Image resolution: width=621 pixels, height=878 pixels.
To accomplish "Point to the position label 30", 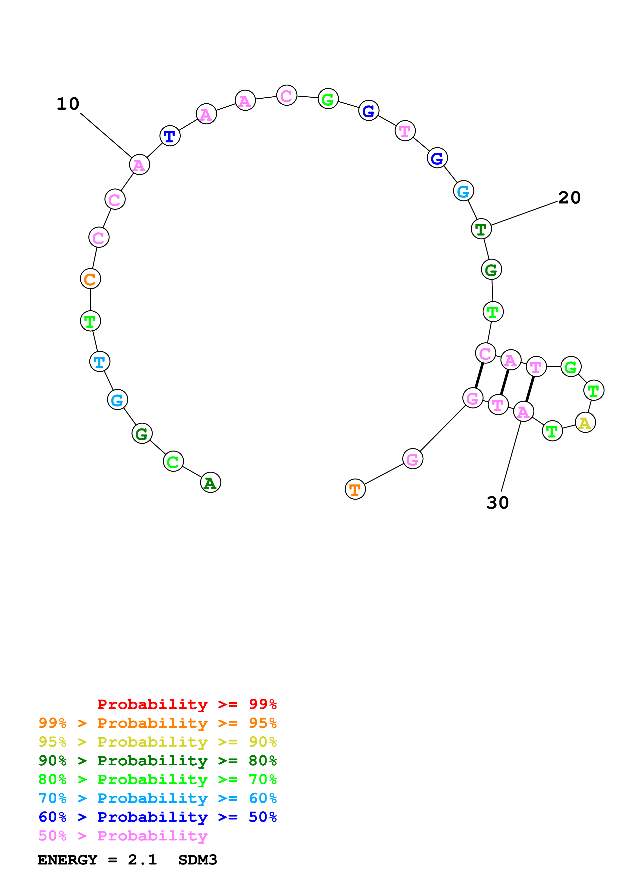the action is point(498,503).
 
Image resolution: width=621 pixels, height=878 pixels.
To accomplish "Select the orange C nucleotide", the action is point(90,279).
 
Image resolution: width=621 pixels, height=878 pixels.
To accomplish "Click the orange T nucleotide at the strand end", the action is point(355,489).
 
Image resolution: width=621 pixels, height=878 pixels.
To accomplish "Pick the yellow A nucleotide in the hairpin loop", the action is point(585,422).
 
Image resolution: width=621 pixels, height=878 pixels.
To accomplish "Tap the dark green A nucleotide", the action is point(210,482).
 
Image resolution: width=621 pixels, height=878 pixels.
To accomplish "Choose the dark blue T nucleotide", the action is point(170,135).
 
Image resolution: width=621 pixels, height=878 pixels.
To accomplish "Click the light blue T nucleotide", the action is point(99,361).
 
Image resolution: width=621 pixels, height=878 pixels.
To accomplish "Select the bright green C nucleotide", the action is point(173,461).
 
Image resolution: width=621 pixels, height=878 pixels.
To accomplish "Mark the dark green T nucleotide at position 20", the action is point(481,229).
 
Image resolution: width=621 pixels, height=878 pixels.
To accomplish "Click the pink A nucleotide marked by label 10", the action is point(139,165).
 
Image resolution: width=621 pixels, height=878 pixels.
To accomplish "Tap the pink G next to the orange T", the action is point(413,459).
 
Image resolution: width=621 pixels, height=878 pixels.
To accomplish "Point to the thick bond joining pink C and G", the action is point(479,375).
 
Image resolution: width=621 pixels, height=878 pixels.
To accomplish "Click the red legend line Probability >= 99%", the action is point(187,704).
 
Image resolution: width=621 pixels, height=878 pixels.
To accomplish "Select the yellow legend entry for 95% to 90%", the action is point(157,742).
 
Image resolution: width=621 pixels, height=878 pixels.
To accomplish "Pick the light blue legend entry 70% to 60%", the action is point(157,798).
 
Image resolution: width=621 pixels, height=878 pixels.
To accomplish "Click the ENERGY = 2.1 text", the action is point(97,860).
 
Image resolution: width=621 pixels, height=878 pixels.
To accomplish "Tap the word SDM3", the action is point(197,860).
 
